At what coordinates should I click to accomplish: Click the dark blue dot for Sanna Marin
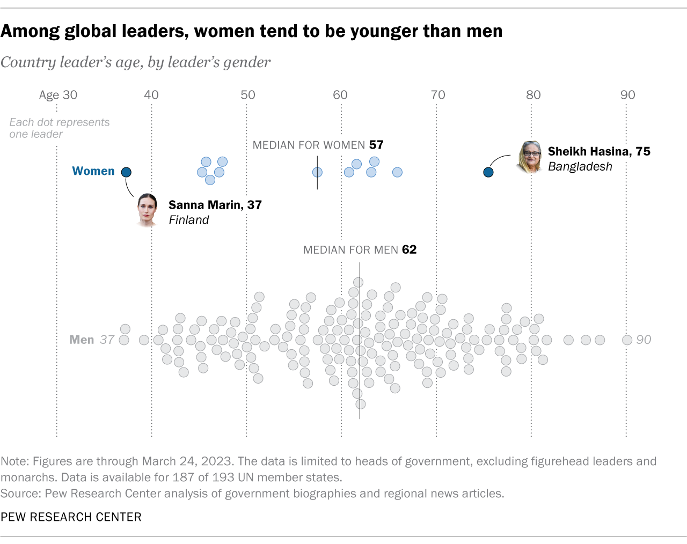126,172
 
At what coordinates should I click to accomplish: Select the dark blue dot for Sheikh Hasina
488,172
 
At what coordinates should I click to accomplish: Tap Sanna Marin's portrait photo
147,210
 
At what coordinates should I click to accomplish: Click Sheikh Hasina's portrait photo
530,157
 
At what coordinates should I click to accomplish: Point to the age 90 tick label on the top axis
627,95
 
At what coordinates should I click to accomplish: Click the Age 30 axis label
58,95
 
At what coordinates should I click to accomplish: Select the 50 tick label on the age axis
247,95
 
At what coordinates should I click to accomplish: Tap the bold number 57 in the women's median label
376,145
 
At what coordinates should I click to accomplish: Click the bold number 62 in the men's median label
409,249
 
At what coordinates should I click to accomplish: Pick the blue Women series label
93,171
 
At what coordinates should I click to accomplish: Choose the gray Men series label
82,340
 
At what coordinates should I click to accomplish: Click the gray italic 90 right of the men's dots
644,340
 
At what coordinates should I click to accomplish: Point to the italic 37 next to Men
107,340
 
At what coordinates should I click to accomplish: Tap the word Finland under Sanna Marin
188,220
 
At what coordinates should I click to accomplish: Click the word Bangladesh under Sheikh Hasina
580,166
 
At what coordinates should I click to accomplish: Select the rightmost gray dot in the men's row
627,340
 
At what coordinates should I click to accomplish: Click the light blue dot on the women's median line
317,172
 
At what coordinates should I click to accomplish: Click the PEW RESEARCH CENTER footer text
71,517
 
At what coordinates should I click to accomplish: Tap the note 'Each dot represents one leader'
59,128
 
